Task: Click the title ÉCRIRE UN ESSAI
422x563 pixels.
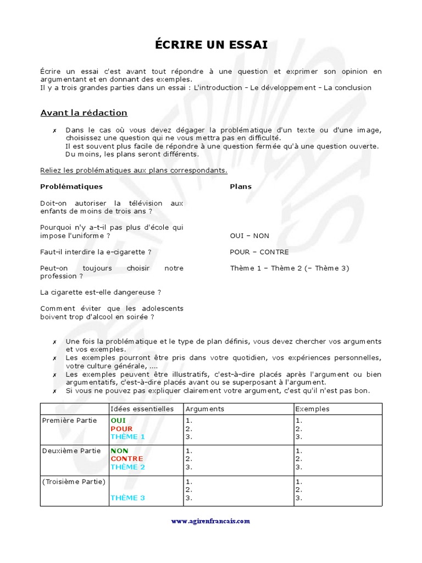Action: point(211,45)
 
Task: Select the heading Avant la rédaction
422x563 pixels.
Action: point(84,113)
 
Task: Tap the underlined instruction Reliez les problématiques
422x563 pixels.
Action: point(134,170)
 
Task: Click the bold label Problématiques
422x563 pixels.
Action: point(71,186)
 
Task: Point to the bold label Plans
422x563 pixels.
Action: point(241,186)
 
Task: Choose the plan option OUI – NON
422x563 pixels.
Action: point(249,236)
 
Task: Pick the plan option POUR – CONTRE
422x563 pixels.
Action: point(259,252)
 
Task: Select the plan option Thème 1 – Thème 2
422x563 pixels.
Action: point(289,268)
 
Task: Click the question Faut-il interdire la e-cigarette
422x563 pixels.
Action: point(96,252)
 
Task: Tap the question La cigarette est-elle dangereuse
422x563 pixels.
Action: point(101,292)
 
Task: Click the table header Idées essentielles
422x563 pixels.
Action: point(142,409)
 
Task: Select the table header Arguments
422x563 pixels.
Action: point(205,409)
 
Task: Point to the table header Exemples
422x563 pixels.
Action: point(313,409)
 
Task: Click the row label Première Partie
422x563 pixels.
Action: point(69,421)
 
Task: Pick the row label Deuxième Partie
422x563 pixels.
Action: point(71,451)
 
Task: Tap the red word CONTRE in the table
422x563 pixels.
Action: point(126,459)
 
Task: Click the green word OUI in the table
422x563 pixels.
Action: point(118,421)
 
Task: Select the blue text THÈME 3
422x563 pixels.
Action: point(127,498)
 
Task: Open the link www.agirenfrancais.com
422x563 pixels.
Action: point(210,521)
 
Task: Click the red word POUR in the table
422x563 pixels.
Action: point(121,429)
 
